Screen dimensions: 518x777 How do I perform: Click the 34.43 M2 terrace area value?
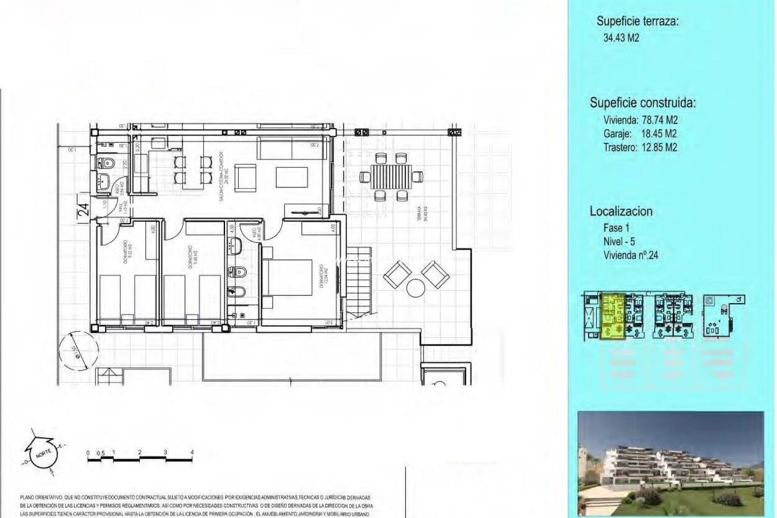(621, 38)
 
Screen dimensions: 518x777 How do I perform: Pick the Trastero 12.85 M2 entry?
(640, 147)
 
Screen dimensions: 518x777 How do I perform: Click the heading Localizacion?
(621, 211)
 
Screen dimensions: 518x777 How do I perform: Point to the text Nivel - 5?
(619, 242)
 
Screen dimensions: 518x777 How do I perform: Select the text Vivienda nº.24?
(631, 255)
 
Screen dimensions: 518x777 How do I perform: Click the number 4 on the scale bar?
(192, 452)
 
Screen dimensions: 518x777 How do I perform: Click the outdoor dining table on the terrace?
(391, 177)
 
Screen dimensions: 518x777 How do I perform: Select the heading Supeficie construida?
(643, 103)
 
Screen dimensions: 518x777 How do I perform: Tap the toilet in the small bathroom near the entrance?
(107, 163)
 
